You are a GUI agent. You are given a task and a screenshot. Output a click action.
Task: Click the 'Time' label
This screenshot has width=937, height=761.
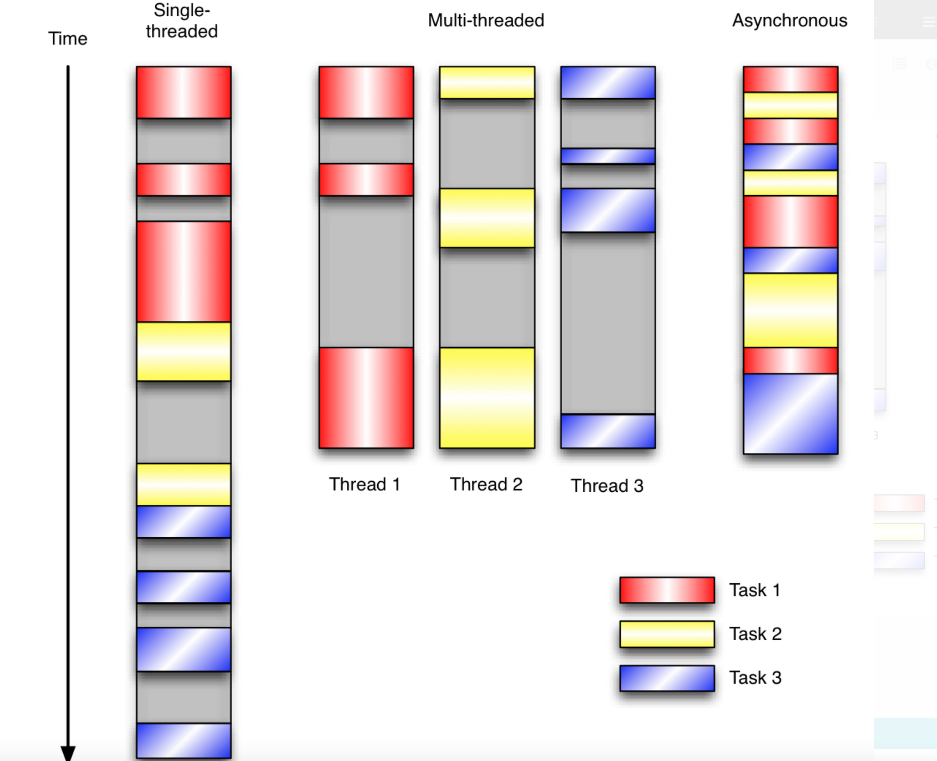point(67,38)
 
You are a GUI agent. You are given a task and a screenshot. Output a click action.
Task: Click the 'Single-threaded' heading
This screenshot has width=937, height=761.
point(182,21)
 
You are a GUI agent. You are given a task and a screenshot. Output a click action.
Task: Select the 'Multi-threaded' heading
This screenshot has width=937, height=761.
point(486,20)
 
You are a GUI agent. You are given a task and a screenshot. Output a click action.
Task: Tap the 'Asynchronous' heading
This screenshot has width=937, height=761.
point(789,20)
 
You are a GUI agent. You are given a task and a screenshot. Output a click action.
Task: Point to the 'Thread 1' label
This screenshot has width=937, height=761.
point(364,484)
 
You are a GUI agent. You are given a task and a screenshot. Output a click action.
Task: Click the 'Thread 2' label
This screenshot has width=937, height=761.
point(486,484)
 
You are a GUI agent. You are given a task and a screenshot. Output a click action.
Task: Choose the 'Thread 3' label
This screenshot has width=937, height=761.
point(607,486)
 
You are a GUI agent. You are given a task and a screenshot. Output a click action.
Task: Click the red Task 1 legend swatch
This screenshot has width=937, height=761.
point(667,590)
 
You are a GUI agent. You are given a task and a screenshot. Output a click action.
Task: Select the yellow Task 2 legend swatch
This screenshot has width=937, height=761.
point(667,634)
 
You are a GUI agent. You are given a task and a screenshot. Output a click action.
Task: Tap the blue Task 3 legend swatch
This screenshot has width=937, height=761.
point(667,678)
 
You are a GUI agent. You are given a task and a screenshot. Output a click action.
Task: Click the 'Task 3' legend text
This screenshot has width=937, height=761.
point(755,678)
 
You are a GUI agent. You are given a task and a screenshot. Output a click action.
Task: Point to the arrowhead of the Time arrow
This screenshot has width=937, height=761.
point(68,752)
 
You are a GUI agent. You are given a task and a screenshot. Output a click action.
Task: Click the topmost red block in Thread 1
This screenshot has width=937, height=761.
point(366,92)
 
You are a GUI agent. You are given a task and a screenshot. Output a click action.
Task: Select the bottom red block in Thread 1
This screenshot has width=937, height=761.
point(366,398)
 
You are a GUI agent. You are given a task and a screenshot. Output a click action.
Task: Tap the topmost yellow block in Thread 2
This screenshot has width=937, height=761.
point(487,82)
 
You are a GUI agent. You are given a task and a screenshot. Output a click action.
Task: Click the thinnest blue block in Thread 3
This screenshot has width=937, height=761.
point(608,156)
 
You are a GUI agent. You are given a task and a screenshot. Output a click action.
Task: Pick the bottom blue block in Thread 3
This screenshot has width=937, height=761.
point(608,431)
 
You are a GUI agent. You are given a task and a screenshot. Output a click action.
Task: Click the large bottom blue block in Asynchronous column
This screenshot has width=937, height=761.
point(791,414)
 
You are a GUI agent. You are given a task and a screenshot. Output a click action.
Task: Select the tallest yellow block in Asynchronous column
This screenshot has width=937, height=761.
point(791,310)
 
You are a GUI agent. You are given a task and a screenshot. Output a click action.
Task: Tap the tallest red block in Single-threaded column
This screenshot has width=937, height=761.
point(184,272)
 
